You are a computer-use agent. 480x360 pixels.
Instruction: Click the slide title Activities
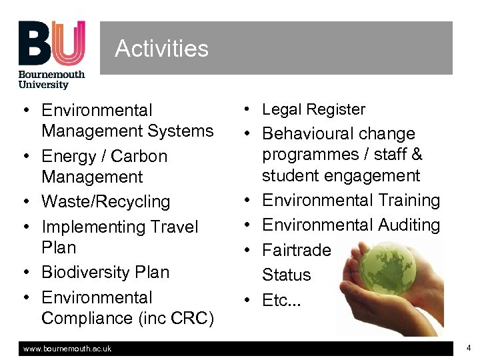click(161, 49)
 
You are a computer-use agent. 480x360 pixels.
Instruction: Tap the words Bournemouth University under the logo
click(52, 80)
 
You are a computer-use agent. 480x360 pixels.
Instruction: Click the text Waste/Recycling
click(105, 201)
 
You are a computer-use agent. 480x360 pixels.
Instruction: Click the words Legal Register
click(313, 109)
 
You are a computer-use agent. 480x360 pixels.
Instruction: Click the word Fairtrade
click(296, 250)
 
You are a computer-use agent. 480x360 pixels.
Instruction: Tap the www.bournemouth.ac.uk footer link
click(67, 349)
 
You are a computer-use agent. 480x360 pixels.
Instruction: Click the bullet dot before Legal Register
click(247, 109)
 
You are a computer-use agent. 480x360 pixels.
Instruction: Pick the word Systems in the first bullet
click(181, 131)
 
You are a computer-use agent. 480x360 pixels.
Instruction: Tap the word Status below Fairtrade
click(286, 275)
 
